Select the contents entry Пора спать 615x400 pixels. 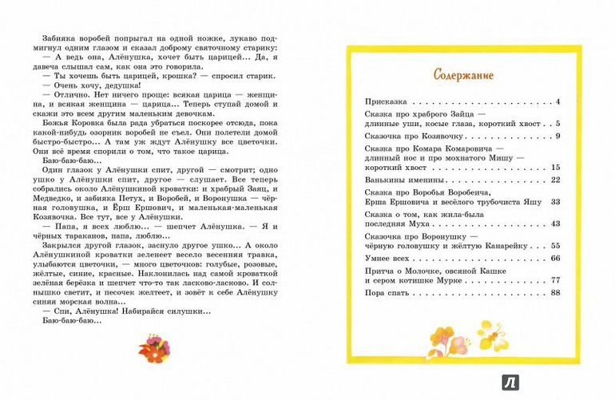tap(388, 295)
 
